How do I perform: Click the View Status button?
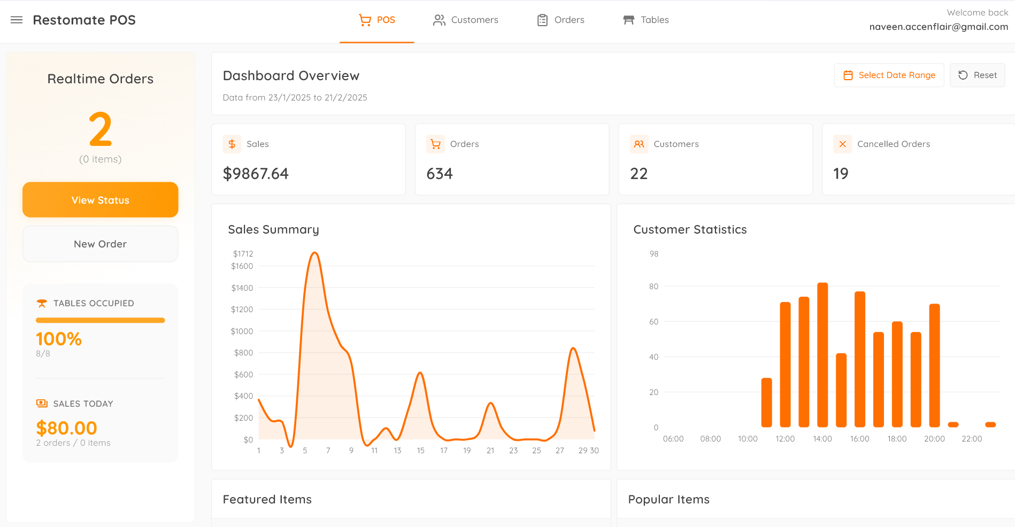tap(101, 200)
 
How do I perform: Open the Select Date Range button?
tap(889, 75)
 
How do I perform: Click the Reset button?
tap(977, 75)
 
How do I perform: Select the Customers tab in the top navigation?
tap(465, 20)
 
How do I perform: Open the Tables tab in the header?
tap(646, 20)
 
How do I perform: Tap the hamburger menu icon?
tap(17, 20)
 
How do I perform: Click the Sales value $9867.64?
tap(256, 174)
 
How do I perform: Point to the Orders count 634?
tap(440, 174)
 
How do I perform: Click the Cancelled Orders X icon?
tap(842, 144)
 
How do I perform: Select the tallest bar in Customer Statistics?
tap(822, 355)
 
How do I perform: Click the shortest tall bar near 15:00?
tap(841, 390)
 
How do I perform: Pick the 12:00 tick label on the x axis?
tap(785, 439)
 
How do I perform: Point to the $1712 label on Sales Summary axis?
tap(243, 254)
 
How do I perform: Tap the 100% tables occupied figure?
tap(59, 339)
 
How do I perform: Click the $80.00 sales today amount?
tap(67, 428)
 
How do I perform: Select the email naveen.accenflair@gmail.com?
tap(939, 27)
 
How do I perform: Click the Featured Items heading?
tap(267, 499)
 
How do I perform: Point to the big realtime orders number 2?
tap(101, 129)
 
